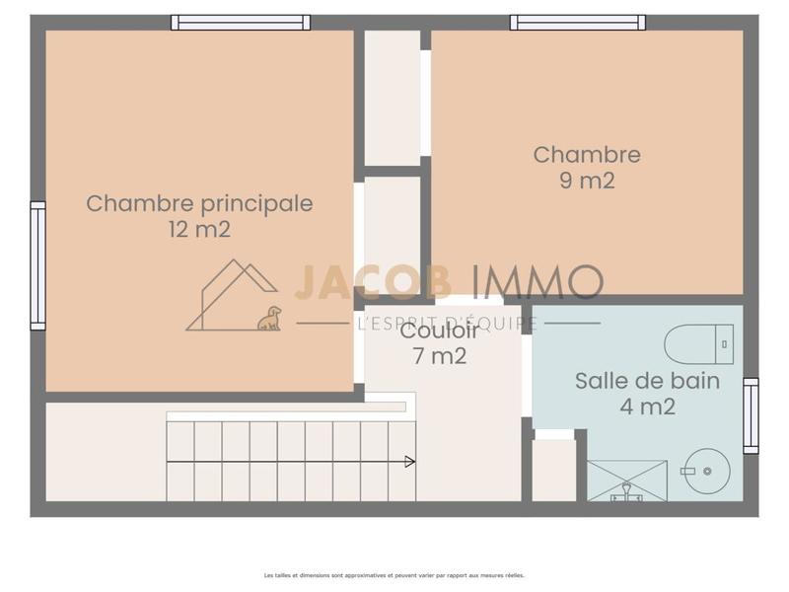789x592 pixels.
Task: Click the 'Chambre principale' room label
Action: pos(199,203)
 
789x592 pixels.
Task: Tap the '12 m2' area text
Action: pos(199,230)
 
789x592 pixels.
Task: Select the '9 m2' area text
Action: pos(587,181)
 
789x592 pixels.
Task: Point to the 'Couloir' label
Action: pos(440,332)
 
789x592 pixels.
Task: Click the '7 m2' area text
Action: pos(440,356)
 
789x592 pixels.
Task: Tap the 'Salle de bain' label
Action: pos(647,381)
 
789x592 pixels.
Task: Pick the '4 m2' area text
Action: pos(647,406)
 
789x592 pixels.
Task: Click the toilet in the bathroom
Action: pos(698,344)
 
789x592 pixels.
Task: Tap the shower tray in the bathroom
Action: pos(627,481)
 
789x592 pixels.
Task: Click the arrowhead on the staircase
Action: pos(409,461)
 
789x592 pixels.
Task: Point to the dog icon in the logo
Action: pos(269,318)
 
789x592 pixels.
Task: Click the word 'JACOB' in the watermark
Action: pos(373,282)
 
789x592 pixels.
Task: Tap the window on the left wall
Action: pos(37,265)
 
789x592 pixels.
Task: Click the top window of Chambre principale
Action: pos(241,22)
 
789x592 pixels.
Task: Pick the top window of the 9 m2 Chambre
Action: pos(578,22)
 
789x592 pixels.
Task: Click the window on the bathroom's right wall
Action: pos(751,415)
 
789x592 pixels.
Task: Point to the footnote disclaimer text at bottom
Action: pos(394,575)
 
